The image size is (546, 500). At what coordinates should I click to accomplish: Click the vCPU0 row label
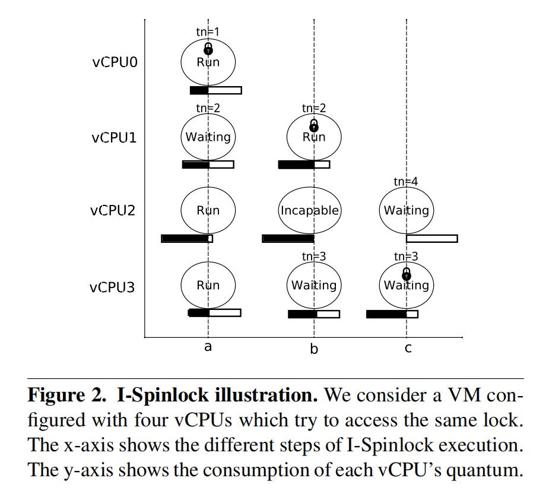[x=115, y=62]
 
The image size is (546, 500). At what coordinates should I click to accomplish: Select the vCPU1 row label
[x=114, y=137]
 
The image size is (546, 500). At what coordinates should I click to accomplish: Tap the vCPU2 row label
[x=114, y=211]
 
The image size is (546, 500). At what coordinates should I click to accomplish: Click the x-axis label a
[x=208, y=347]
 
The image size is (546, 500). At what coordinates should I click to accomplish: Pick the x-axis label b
[x=314, y=349]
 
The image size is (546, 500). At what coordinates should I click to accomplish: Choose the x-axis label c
[x=408, y=348]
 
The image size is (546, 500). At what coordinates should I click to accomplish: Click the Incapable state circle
[x=310, y=211]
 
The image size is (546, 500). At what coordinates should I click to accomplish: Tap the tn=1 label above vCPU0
[x=208, y=32]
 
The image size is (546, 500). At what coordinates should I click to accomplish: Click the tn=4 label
[x=406, y=182]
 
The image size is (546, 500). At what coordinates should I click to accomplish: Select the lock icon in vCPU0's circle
[x=208, y=49]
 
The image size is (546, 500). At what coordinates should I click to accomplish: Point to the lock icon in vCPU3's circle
[x=407, y=273]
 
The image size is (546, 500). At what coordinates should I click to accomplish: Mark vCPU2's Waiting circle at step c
[x=406, y=211]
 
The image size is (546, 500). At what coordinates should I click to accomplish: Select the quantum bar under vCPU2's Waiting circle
[x=431, y=239]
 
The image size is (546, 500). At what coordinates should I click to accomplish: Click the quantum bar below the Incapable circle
[x=288, y=239]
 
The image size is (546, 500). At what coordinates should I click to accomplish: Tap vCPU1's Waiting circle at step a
[x=208, y=137]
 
